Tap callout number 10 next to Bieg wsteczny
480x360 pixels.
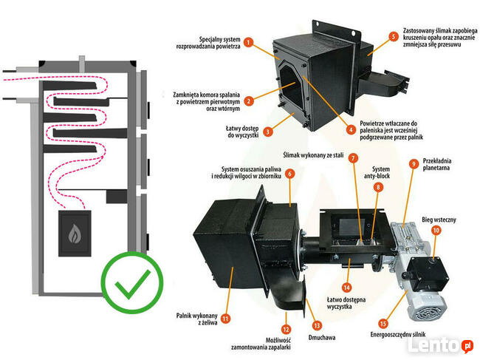pyautogui.click(x=436, y=231)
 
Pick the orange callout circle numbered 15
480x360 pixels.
pyautogui.click(x=382, y=323)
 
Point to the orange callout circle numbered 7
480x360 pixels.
pyautogui.click(x=354, y=158)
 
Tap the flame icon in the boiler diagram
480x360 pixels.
pyautogui.click(x=75, y=234)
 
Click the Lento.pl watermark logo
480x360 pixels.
pyautogui.click(x=447, y=344)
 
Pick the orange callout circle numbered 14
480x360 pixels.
pyautogui.click(x=346, y=286)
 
